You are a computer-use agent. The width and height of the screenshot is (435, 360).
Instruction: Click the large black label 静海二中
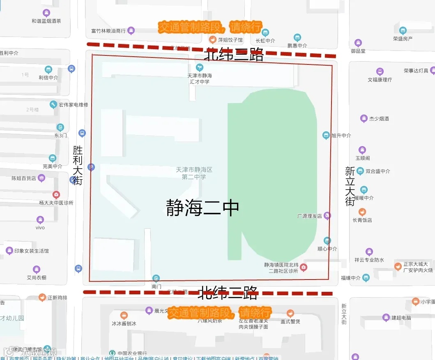click(x=203, y=208)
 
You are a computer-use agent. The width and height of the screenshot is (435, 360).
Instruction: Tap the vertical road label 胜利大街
click(x=78, y=165)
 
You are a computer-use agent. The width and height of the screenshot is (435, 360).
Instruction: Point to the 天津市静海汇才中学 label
click(x=200, y=78)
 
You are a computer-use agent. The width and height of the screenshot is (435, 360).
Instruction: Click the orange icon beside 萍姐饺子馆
click(x=212, y=40)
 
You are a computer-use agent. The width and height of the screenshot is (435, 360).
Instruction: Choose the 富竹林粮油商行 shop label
click(x=108, y=31)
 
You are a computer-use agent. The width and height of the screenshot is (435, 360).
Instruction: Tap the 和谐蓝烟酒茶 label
click(x=46, y=21)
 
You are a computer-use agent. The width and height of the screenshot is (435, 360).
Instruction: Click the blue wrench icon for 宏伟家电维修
click(x=53, y=105)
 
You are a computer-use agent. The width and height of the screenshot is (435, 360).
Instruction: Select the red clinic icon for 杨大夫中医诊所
click(x=56, y=195)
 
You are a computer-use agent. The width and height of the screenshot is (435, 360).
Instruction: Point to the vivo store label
click(x=40, y=227)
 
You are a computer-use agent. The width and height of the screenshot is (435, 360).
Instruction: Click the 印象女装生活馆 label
click(x=32, y=251)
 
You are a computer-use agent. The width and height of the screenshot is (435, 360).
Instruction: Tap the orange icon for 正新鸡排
click(x=42, y=298)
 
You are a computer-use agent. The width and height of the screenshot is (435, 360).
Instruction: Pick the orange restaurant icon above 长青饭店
click(x=362, y=212)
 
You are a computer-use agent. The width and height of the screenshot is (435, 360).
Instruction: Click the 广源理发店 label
click(x=310, y=216)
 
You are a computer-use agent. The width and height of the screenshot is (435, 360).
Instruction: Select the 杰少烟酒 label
click(x=379, y=119)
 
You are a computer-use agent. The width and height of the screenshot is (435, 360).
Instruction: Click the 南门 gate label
click(x=156, y=287)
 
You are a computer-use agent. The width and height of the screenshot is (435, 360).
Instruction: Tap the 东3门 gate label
click(x=60, y=135)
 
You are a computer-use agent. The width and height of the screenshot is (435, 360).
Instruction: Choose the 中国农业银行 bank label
click(x=132, y=353)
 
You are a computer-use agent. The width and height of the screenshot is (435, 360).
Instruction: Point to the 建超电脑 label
click(x=401, y=318)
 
